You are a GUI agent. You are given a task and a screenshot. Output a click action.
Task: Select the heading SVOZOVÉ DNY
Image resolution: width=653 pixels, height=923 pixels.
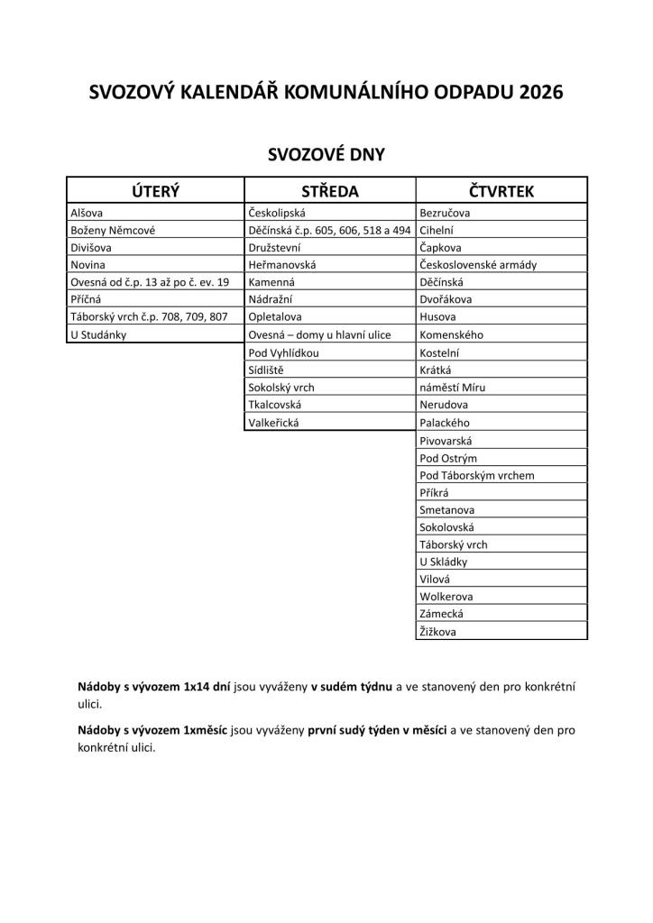326,154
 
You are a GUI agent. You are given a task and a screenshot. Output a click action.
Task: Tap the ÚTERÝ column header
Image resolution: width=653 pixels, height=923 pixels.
155,190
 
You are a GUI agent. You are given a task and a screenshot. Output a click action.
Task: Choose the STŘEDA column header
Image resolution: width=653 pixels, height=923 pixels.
329,190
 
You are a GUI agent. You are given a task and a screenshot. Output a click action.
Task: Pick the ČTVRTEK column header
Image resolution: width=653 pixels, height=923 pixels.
501,190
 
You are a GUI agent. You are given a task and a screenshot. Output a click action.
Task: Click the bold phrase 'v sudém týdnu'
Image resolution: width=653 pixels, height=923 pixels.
352,687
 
